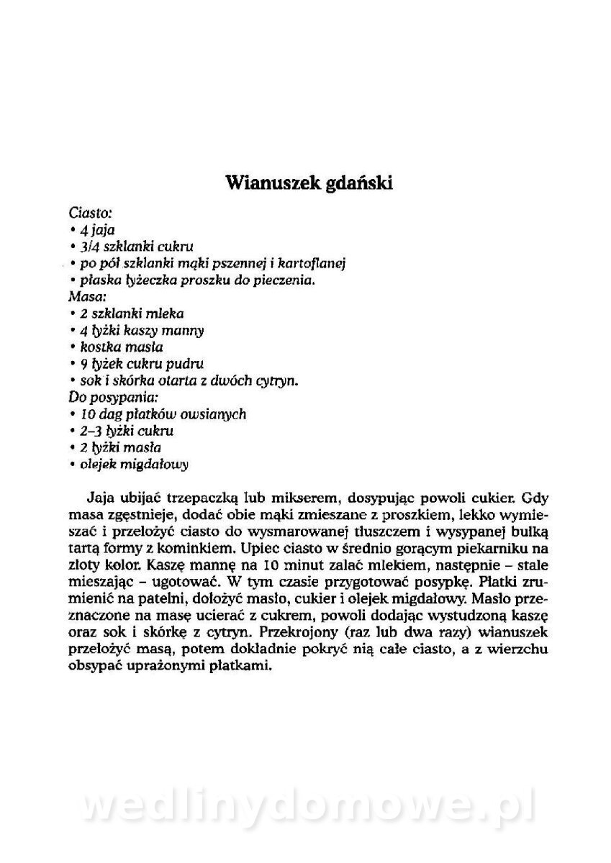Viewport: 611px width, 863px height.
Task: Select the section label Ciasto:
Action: (90, 214)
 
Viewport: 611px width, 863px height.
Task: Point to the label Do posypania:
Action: (113, 397)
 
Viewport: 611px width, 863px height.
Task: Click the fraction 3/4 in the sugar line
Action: (91, 247)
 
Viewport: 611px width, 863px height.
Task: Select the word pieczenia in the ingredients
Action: (287, 280)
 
